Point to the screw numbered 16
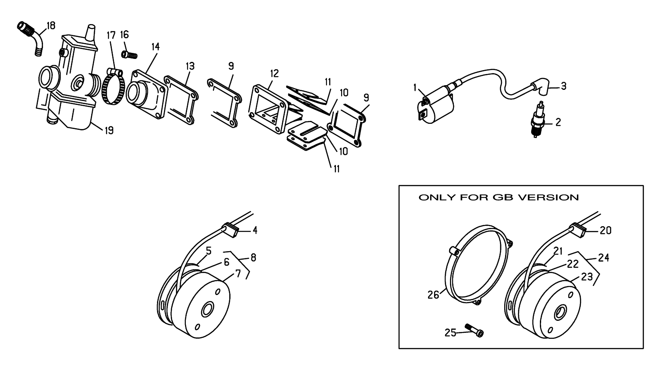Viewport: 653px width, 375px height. coord(129,55)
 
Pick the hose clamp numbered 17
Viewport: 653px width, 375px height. coord(115,87)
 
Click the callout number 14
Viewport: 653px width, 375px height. coord(155,47)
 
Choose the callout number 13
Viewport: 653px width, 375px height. coord(190,66)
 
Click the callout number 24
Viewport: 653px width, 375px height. coord(604,258)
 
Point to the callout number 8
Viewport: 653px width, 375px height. coord(253,258)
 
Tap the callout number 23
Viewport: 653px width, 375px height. coord(587,277)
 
